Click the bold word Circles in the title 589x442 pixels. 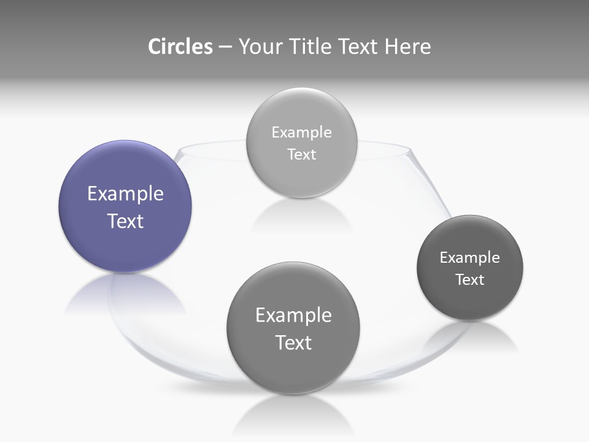point(180,47)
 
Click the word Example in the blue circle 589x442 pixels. point(125,194)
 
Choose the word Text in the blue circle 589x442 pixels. point(125,221)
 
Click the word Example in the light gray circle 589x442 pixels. point(301,132)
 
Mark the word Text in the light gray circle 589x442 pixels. point(301,154)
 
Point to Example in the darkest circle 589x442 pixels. point(470,257)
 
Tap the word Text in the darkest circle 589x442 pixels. point(470,279)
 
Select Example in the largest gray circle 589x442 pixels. point(293,315)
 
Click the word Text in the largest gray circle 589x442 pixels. point(293,343)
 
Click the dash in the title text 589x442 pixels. point(225,47)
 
